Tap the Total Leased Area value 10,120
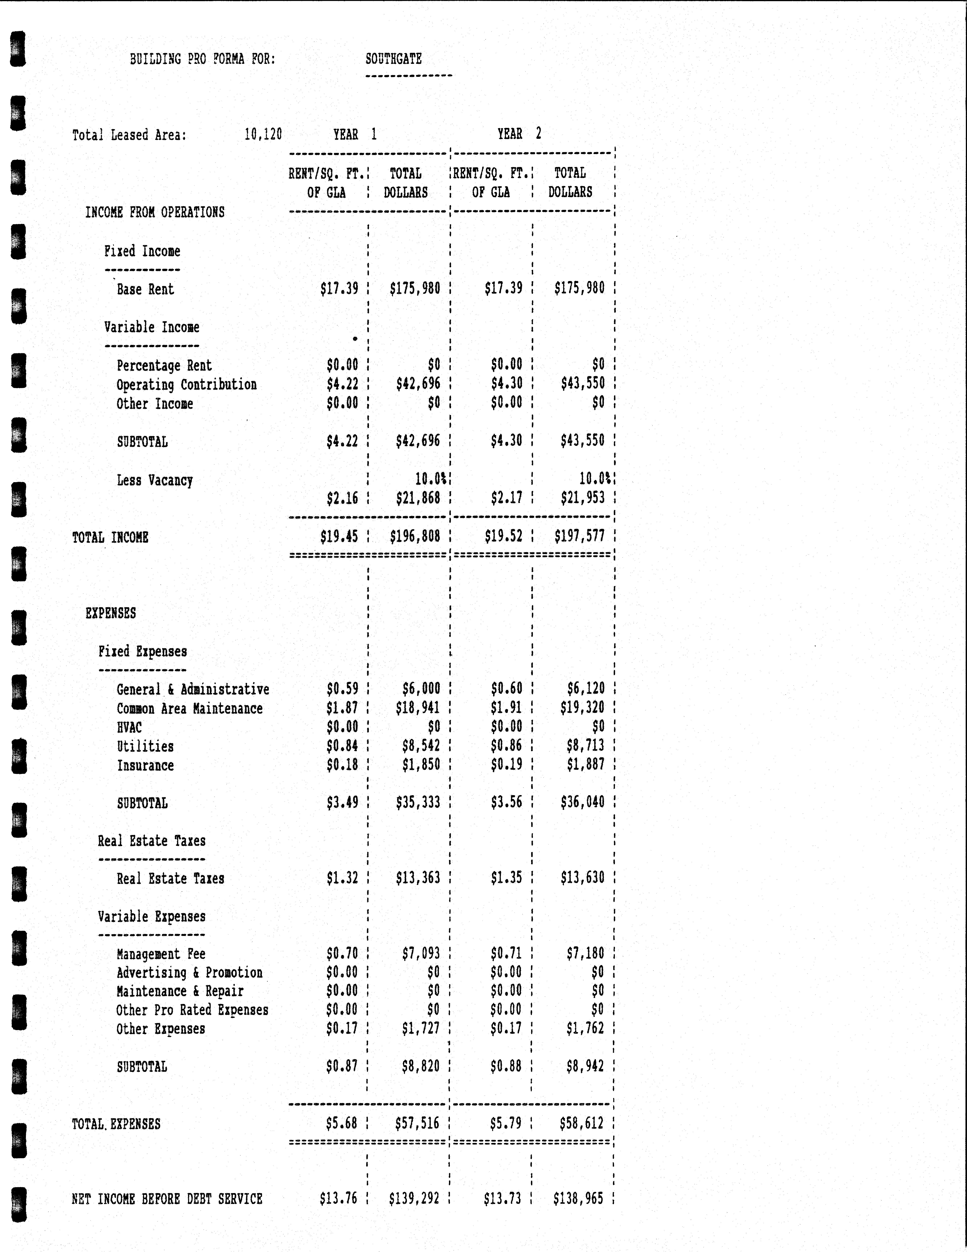(263, 135)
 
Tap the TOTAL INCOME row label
(110, 538)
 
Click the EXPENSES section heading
(111, 613)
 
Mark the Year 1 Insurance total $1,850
(421, 765)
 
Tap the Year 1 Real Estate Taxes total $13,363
(418, 878)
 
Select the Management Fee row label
(161, 954)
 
